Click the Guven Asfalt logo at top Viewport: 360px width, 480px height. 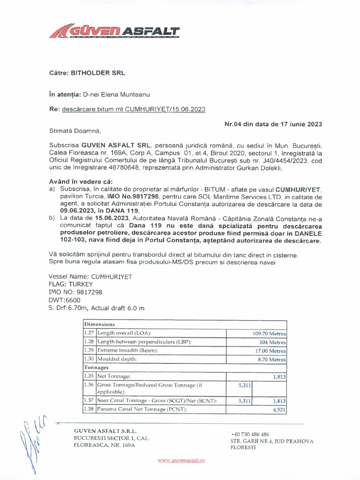coord(114,32)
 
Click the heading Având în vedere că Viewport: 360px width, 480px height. coord(81,181)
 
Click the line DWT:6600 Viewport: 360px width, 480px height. coord(65,300)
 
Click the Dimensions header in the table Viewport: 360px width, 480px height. coord(99,324)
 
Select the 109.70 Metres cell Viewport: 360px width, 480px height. coord(269,333)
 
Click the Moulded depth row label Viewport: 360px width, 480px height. coord(117,359)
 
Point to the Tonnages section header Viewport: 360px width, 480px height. coord(96,367)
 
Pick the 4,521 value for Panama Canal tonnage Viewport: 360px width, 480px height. coord(279,409)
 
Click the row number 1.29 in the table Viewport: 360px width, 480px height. coord(89,351)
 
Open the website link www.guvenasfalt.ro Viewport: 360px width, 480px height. coord(181,461)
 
